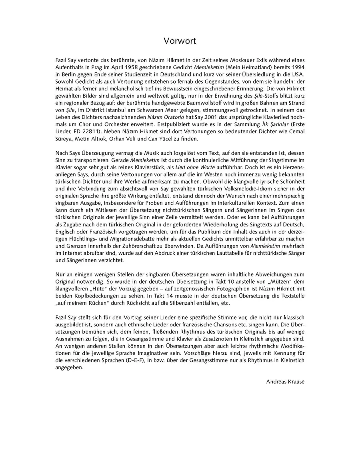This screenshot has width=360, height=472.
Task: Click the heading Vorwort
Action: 180,41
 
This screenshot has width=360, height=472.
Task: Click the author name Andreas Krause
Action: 285,381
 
